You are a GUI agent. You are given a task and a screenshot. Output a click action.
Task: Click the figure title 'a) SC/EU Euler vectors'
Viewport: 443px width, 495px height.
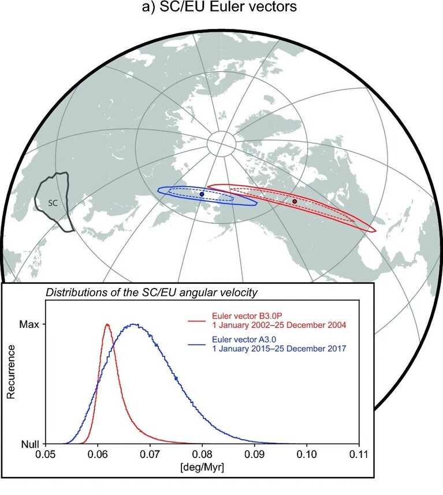coord(219,6)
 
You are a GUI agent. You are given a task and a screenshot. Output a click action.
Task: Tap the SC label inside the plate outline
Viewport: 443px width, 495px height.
coord(53,203)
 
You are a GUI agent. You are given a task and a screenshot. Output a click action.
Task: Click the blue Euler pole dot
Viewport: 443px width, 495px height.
coord(202,194)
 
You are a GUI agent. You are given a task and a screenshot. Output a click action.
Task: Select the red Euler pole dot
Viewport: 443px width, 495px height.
coord(295,201)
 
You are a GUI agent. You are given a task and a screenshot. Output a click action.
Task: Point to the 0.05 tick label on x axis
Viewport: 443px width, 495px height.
coord(46,454)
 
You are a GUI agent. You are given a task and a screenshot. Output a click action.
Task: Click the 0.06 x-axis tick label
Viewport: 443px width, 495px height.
coord(98,454)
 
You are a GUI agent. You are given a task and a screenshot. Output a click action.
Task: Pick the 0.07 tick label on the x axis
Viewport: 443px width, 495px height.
coord(150,454)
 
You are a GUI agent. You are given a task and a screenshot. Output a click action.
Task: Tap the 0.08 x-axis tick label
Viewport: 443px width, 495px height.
coord(202,454)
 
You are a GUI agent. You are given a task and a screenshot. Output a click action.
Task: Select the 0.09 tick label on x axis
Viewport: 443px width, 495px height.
coord(255,454)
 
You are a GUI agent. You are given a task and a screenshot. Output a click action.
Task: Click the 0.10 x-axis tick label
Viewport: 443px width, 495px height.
coord(307,454)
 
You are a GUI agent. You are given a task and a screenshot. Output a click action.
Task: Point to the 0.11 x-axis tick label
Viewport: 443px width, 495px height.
coord(359,454)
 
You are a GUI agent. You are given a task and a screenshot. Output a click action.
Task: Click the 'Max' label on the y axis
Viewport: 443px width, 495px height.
coord(29,324)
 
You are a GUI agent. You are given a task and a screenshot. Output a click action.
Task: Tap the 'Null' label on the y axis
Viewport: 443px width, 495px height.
coord(30,444)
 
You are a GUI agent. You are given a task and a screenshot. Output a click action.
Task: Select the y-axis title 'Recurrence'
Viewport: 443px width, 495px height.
coord(11,372)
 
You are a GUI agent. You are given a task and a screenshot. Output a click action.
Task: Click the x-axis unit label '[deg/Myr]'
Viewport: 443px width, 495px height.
coord(202,467)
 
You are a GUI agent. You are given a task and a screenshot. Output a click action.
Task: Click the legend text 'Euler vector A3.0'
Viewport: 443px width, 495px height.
coord(244,339)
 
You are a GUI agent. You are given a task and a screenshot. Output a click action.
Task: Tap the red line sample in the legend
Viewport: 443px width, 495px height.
coord(198,321)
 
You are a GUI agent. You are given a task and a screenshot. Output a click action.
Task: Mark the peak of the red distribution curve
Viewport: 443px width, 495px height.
coord(107,324)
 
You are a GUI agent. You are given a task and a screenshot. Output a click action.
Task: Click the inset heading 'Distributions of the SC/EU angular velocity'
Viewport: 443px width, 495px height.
coord(152,293)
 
